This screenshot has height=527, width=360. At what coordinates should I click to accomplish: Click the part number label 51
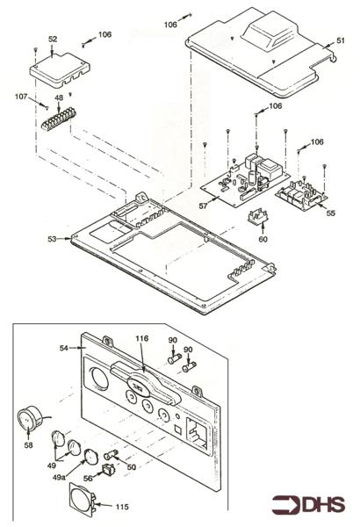click(341, 40)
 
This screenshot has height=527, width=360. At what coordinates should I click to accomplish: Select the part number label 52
click(53, 40)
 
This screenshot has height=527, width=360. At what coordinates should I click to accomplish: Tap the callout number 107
click(21, 97)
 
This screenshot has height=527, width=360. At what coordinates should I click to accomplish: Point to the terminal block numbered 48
click(59, 119)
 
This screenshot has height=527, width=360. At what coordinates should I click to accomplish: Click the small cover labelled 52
click(60, 69)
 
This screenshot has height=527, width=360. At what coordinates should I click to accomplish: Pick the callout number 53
click(52, 239)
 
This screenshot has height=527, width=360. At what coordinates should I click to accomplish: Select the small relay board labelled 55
click(301, 195)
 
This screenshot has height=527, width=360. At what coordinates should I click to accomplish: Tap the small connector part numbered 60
click(258, 217)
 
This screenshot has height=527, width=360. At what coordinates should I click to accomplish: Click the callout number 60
click(263, 239)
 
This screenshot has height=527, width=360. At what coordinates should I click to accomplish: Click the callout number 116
click(142, 338)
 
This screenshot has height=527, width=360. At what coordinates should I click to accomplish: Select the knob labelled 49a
click(90, 456)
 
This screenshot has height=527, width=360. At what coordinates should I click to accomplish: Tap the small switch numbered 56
click(108, 469)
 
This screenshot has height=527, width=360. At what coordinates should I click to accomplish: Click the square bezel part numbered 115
click(82, 500)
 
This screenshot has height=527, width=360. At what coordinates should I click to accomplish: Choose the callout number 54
click(64, 348)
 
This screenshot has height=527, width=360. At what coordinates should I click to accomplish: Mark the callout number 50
click(132, 467)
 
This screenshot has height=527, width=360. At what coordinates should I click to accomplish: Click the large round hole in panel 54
click(98, 379)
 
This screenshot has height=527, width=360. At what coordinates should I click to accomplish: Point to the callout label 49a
click(59, 477)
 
